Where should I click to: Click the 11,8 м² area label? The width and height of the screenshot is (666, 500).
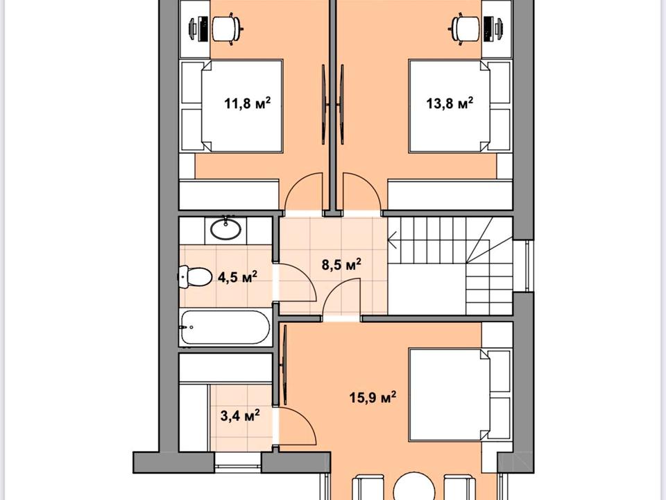coord(247,103)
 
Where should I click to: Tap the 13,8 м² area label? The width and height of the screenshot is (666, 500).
coord(450,103)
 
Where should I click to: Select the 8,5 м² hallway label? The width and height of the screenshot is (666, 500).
coord(341,265)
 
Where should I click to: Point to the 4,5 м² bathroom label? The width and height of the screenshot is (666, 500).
coord(237,277)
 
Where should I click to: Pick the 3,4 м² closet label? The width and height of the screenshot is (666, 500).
coord(240,415)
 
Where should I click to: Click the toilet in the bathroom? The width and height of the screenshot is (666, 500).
coord(194,277)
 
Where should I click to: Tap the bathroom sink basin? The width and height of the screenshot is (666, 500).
coord(226,230)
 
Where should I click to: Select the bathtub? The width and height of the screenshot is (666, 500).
coord(225,327)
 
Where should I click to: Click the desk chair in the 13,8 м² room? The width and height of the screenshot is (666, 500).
coord(465,28)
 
